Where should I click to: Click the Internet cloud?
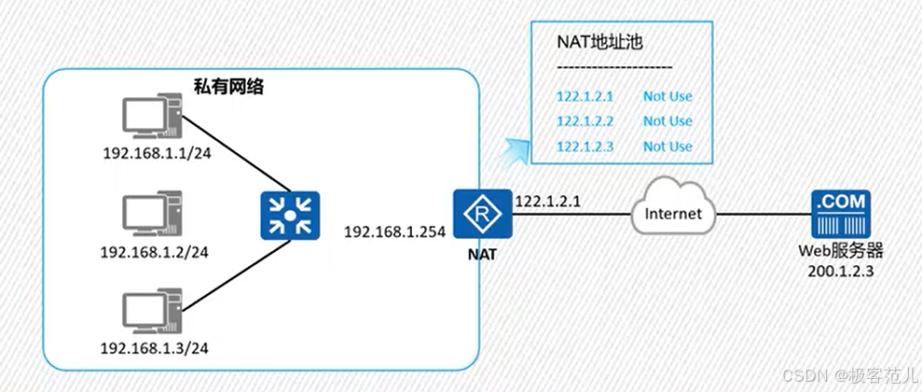tap(673, 213)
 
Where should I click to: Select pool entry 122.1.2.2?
tap(585, 121)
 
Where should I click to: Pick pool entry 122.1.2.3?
tap(585, 147)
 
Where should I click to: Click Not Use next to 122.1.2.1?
tap(667, 96)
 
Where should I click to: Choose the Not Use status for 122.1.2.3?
tap(667, 147)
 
